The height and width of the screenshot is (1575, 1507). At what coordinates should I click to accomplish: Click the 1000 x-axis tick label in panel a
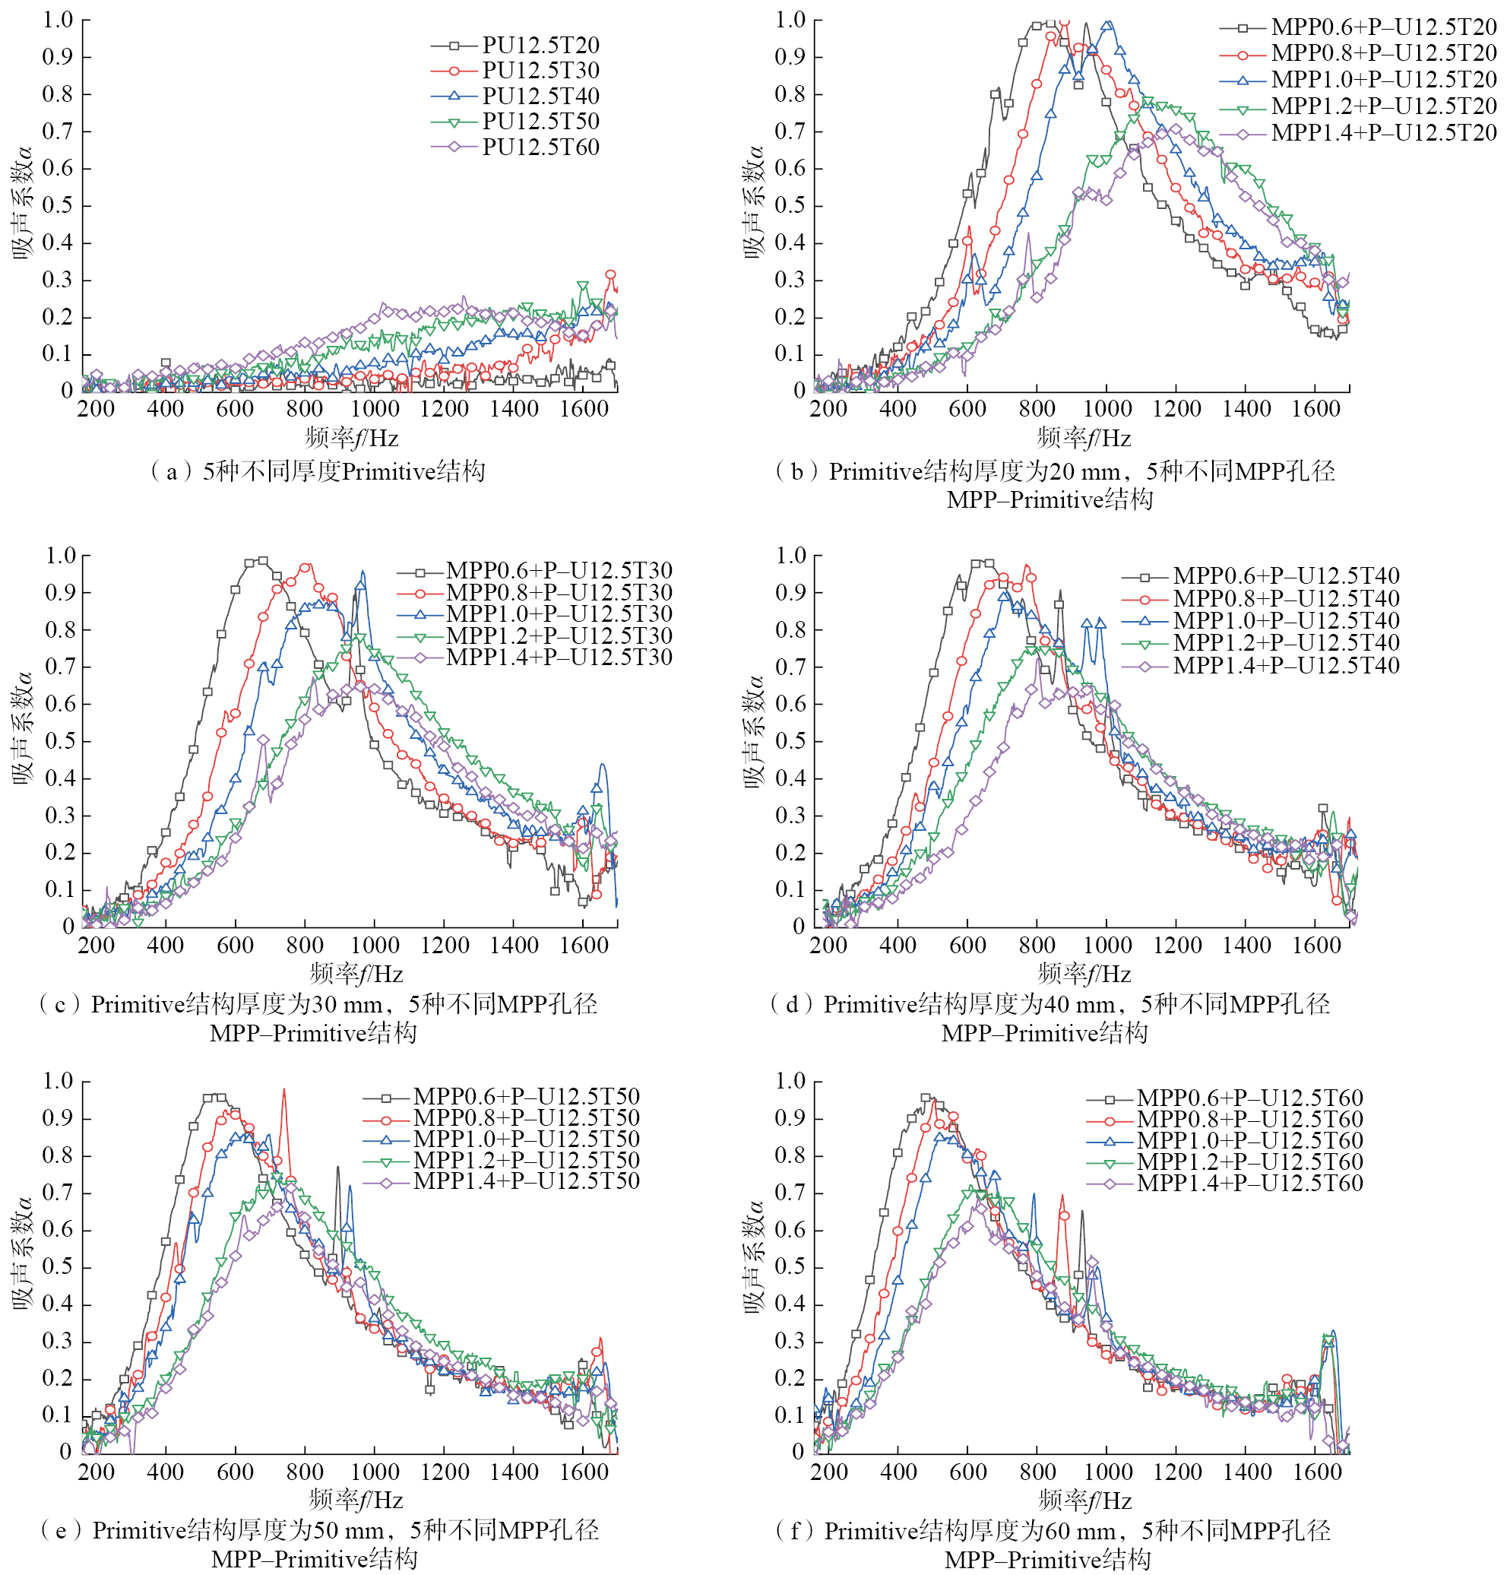click(375, 409)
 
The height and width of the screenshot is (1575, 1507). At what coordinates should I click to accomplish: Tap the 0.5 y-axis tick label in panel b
click(790, 206)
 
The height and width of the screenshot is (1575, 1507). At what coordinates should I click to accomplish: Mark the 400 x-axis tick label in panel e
click(166, 1472)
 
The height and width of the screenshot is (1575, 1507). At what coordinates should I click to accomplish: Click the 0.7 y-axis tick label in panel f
click(790, 1193)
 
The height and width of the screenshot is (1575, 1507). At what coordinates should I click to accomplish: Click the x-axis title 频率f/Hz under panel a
click(352, 438)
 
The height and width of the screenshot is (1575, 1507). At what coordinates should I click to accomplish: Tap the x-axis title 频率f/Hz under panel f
click(1085, 1501)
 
